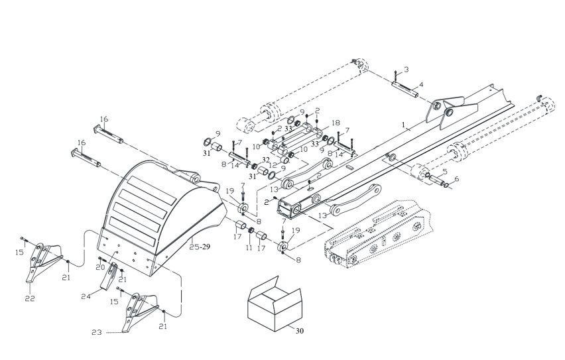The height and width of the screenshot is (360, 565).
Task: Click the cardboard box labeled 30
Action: (x=275, y=304)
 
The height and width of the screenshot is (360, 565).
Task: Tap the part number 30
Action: (x=300, y=331)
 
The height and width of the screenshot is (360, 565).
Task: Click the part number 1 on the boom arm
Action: (x=404, y=125)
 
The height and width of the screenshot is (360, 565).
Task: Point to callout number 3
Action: (x=406, y=69)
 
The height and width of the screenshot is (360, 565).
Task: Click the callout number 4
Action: (x=421, y=86)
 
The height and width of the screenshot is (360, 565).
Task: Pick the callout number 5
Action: (x=445, y=171)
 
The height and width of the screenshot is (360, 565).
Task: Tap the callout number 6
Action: (x=457, y=179)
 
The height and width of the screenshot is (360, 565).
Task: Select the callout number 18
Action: (x=336, y=123)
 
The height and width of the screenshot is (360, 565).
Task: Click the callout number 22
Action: (x=30, y=298)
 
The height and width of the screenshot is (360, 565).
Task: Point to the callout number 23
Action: (x=97, y=332)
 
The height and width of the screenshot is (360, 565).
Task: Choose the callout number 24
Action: (x=86, y=296)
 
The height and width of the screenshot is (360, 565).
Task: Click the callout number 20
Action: (x=100, y=267)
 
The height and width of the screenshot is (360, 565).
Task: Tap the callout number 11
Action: (x=249, y=247)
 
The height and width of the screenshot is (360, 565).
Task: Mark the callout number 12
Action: (x=273, y=165)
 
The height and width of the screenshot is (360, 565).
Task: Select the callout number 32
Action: (x=266, y=159)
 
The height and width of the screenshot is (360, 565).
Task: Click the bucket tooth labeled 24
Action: (x=109, y=276)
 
